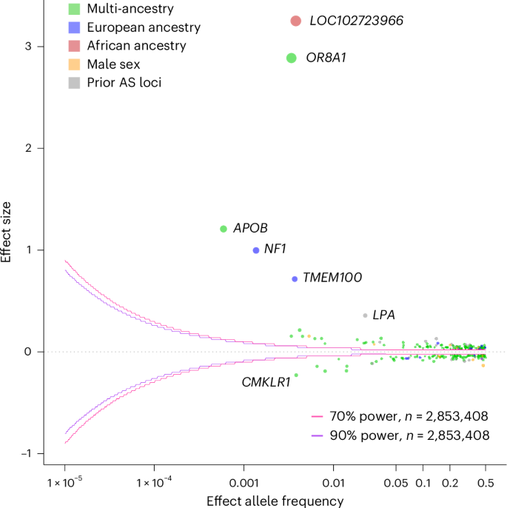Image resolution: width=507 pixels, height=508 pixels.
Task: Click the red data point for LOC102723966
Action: pyautogui.click(x=295, y=21)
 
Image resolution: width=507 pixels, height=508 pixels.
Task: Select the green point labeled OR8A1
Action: pyautogui.click(x=292, y=58)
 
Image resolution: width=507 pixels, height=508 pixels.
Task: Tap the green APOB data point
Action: pyautogui.click(x=224, y=229)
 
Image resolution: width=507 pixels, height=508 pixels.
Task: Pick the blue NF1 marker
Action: pyautogui.click(x=256, y=250)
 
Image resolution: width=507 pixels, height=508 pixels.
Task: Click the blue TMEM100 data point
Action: pyautogui.click(x=295, y=279)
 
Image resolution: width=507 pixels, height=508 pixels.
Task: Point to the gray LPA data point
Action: pyautogui.click(x=365, y=315)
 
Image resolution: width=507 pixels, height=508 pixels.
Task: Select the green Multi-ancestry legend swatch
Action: pyautogui.click(x=73, y=10)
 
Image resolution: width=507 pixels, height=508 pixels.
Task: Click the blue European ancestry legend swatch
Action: pyautogui.click(x=73, y=27)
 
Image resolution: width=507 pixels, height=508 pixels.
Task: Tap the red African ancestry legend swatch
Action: pyautogui.click(x=73, y=46)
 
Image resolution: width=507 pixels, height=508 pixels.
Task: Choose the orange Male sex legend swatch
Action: pyautogui.click(x=73, y=64)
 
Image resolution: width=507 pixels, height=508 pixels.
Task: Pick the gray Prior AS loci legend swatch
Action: pyautogui.click(x=73, y=82)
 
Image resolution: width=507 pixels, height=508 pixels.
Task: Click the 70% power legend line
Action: pyautogui.click(x=318, y=416)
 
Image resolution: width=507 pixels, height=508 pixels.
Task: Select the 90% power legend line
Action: pyautogui.click(x=318, y=435)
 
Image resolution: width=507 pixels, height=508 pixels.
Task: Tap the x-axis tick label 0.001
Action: pyautogui.click(x=244, y=484)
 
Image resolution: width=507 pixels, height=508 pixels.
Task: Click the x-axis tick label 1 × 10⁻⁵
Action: pyautogui.click(x=65, y=484)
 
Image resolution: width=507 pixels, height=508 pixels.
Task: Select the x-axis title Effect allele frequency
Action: pyautogui.click(x=275, y=501)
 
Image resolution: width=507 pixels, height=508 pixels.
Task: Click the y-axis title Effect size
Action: pyautogui.click(x=7, y=237)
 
